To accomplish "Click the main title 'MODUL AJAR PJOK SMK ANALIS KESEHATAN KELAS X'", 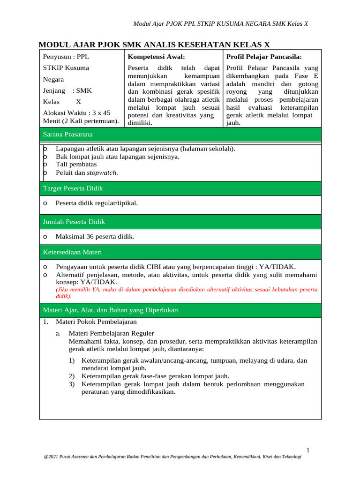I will click(x=154, y=45).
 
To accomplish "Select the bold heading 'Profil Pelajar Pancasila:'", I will click(x=264, y=57).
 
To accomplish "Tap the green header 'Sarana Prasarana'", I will click(x=68, y=134).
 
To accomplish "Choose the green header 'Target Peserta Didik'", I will click(x=73, y=188).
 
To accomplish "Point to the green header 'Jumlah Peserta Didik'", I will click(x=74, y=222).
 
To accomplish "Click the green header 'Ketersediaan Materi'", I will click(x=72, y=252).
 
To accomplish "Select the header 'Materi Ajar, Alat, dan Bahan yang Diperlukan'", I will click(x=110, y=310).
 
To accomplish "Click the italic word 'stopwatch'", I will click(x=102, y=172).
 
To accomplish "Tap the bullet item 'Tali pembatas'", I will click(x=76, y=165).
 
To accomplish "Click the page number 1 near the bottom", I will click(x=308, y=450).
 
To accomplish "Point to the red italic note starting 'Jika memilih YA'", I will click(x=186, y=293).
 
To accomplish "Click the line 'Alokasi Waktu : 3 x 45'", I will click(x=77, y=113).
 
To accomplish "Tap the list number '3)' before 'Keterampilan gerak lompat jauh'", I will click(x=72, y=384).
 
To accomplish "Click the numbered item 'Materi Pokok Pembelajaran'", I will click(x=96, y=322).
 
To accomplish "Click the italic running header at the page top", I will click(x=221, y=24).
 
